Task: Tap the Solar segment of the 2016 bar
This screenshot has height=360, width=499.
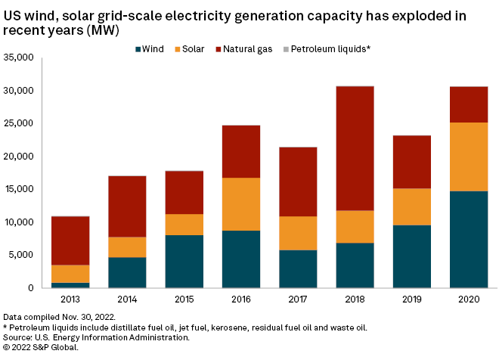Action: coord(240,204)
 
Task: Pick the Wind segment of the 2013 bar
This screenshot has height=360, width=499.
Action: coord(70,285)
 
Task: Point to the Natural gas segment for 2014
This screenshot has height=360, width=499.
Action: coord(127,206)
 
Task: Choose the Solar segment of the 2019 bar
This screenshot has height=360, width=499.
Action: coord(411,206)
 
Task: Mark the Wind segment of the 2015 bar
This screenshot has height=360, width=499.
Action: coord(184,261)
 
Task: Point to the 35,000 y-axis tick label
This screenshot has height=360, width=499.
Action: coord(19,57)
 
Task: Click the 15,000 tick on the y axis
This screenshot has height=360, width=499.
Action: coord(19,189)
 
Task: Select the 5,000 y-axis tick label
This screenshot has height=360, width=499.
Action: coord(22,255)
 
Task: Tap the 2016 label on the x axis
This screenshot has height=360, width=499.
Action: coord(240,299)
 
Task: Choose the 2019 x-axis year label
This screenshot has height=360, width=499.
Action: coord(411,299)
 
